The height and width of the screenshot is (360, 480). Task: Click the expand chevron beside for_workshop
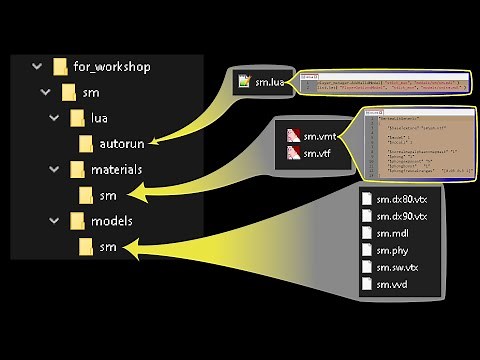click(x=36, y=67)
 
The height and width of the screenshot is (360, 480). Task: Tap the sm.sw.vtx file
click(x=396, y=267)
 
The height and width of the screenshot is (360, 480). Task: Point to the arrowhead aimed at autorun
click(x=152, y=144)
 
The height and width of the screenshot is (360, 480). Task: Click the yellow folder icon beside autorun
click(x=87, y=143)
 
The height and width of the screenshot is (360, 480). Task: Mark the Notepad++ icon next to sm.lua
click(x=245, y=82)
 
